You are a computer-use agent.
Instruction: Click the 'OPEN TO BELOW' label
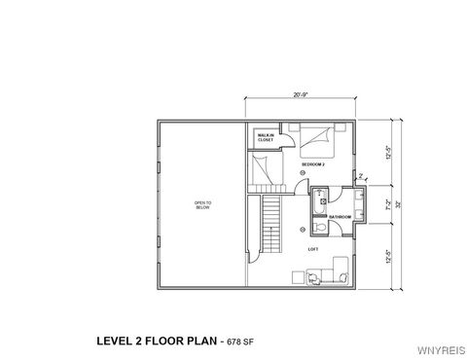[202, 204]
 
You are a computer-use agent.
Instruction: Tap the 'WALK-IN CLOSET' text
[265, 138]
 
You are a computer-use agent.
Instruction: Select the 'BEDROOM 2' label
[313, 165]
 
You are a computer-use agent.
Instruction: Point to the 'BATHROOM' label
[340, 216]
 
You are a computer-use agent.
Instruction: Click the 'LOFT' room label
[313, 249]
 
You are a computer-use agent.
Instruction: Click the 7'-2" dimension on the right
[390, 205]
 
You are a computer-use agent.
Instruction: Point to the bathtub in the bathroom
[319, 206]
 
